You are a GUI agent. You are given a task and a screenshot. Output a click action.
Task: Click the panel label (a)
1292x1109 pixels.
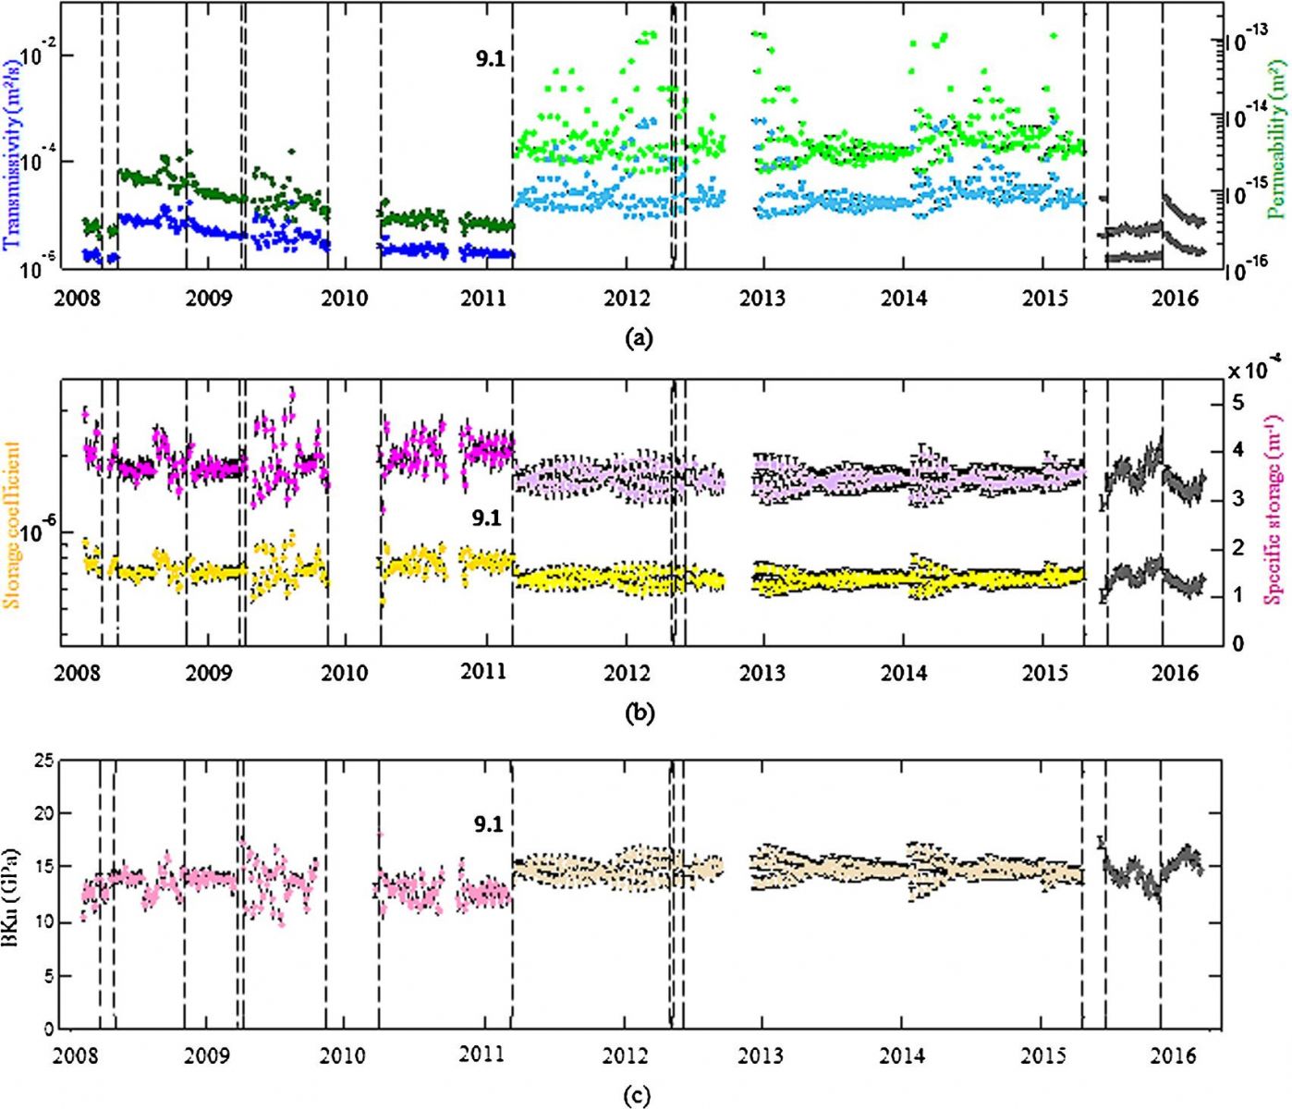click(x=639, y=338)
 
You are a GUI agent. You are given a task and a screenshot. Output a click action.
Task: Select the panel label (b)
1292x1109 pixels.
click(x=639, y=713)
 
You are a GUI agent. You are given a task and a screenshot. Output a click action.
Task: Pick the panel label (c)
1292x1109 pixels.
click(x=637, y=1097)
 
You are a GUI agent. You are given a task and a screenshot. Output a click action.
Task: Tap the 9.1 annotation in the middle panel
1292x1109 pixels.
click(x=486, y=518)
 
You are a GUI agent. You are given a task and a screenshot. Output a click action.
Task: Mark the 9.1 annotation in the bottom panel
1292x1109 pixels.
click(x=488, y=824)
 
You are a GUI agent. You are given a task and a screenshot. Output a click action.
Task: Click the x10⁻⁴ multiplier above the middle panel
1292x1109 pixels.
click(x=1252, y=371)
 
